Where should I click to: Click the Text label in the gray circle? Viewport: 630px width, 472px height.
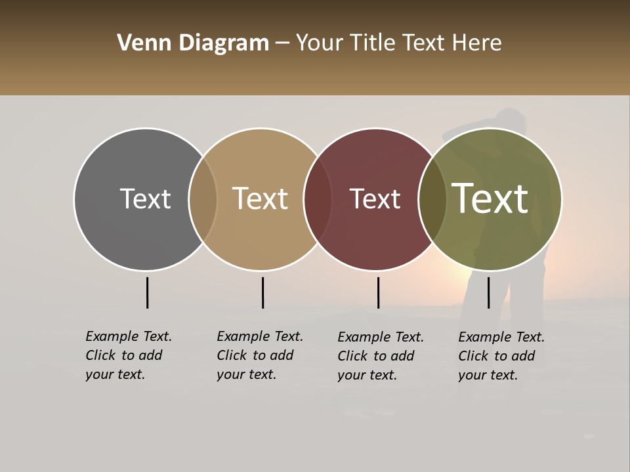click(x=145, y=199)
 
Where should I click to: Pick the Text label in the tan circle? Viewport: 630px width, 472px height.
click(x=261, y=199)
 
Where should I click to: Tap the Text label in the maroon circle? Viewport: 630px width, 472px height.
click(x=375, y=199)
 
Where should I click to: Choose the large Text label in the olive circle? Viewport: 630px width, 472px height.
click(x=490, y=199)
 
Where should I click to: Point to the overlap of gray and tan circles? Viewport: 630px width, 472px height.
click(x=203, y=199)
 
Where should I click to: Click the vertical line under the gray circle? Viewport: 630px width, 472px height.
click(x=147, y=292)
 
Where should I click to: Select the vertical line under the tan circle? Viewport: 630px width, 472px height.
click(x=262, y=292)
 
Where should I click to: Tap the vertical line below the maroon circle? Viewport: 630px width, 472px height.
click(x=378, y=292)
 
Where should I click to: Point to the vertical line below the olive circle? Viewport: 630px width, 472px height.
click(x=488, y=292)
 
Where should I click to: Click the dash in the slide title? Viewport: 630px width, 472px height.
click(x=282, y=44)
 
